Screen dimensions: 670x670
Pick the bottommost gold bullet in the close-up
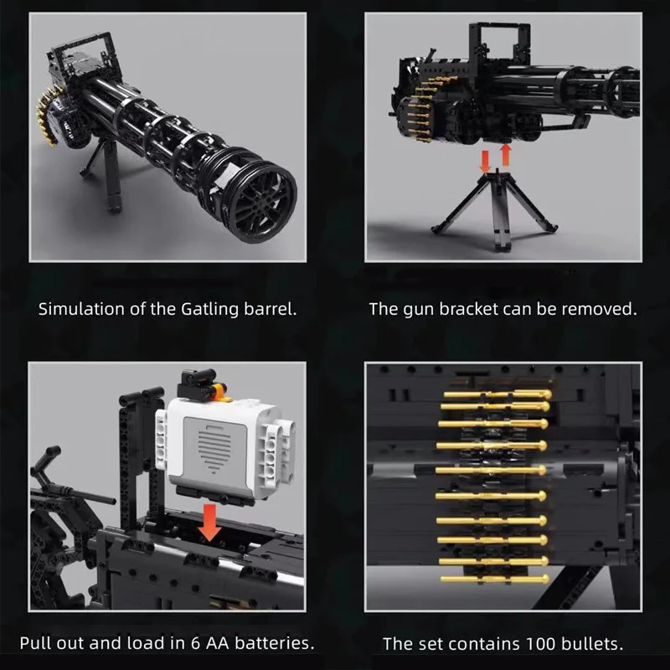coord(495,579)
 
